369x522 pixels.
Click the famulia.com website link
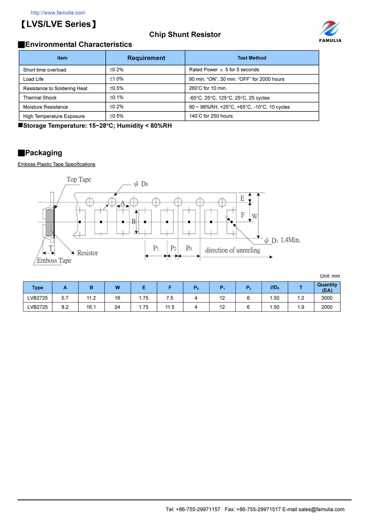pyautogui.click(x=58, y=13)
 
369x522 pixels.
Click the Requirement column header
pyautogui.click(x=146, y=58)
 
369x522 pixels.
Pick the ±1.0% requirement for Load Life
pyautogui.click(x=117, y=79)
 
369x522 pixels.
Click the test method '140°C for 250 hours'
pyautogui.click(x=211, y=116)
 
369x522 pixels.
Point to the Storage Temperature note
pyautogui.click(x=97, y=126)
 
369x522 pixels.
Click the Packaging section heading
pyautogui.click(x=43, y=153)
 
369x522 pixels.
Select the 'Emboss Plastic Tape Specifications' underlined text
pyautogui.click(x=57, y=164)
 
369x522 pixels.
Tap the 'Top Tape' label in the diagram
pyautogui.click(x=79, y=180)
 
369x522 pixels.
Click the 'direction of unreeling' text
pyautogui.click(x=232, y=250)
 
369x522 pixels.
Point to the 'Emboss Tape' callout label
pyautogui.click(x=54, y=261)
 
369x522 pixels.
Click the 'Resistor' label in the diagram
pyautogui.click(x=87, y=253)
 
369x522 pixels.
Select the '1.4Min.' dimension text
pyautogui.click(x=290, y=240)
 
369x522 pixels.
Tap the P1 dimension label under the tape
pyautogui.click(x=156, y=248)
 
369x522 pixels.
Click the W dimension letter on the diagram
pyautogui.click(x=255, y=217)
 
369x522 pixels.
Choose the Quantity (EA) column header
pyautogui.click(x=327, y=288)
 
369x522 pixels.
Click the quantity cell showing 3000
pyautogui.click(x=327, y=298)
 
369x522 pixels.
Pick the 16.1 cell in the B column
pyautogui.click(x=91, y=307)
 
